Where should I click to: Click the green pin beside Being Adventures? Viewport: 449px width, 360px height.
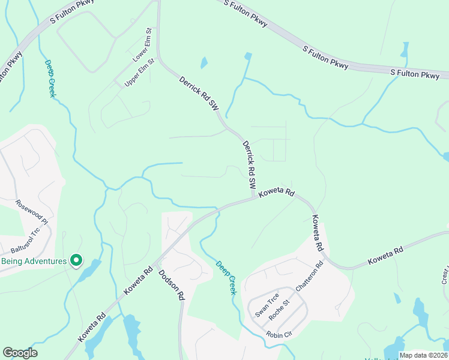point(76,260)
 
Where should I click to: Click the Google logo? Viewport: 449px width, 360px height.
point(20,353)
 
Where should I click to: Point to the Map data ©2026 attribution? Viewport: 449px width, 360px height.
point(423,355)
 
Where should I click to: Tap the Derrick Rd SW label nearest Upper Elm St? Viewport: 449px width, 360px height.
point(199,93)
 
